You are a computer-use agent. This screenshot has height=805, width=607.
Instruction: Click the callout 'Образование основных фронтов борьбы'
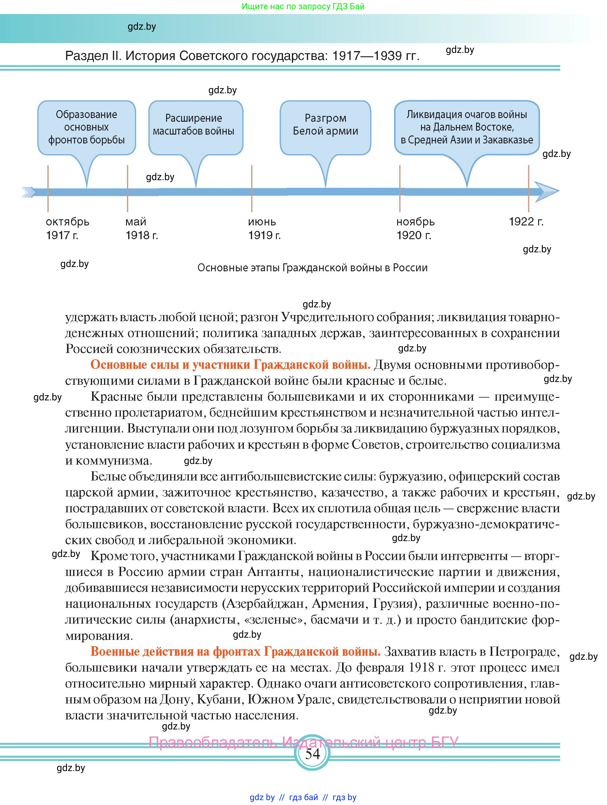click(87, 127)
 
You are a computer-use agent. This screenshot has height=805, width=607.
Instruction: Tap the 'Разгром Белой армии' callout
click(325, 124)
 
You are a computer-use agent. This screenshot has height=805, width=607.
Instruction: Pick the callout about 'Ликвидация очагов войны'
click(467, 127)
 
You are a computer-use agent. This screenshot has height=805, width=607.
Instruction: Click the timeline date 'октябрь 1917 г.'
click(67, 228)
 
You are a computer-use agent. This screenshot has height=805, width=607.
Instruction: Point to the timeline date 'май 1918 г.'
click(141, 228)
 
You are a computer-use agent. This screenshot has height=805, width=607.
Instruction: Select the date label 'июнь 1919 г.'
click(264, 228)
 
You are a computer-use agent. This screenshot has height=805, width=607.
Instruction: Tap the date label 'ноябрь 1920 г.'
click(415, 228)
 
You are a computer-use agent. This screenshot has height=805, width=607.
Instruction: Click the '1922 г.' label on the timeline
click(526, 222)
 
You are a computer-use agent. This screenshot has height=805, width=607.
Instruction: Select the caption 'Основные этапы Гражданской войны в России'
click(312, 268)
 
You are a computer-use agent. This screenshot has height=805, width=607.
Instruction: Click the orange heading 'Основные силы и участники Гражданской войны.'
click(230, 365)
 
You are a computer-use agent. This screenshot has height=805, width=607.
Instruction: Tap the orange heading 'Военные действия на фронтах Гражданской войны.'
click(235, 652)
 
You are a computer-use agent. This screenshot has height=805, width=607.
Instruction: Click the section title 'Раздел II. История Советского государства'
click(242, 56)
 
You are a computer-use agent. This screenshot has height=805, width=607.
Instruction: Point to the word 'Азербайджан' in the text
click(265, 604)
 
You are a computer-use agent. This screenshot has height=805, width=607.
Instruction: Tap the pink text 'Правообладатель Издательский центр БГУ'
click(303, 742)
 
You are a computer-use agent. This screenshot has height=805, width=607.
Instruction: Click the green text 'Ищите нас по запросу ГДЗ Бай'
click(303, 6)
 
